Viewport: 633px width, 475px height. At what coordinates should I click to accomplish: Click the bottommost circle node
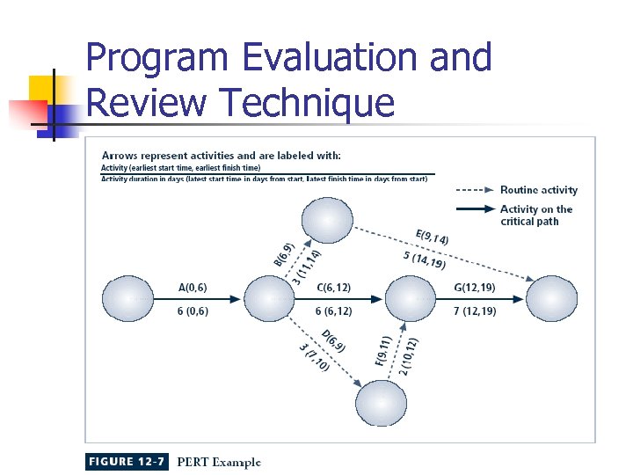381,401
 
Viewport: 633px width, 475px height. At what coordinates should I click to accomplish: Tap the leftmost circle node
128,300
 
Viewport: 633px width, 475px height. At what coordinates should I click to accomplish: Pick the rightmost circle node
551,300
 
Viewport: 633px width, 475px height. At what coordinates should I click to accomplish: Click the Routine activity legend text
538,190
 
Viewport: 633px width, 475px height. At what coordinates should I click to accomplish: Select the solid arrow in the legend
474,209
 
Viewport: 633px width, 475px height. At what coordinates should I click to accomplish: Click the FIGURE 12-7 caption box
127,462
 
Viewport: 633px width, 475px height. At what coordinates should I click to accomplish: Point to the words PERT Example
219,462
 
